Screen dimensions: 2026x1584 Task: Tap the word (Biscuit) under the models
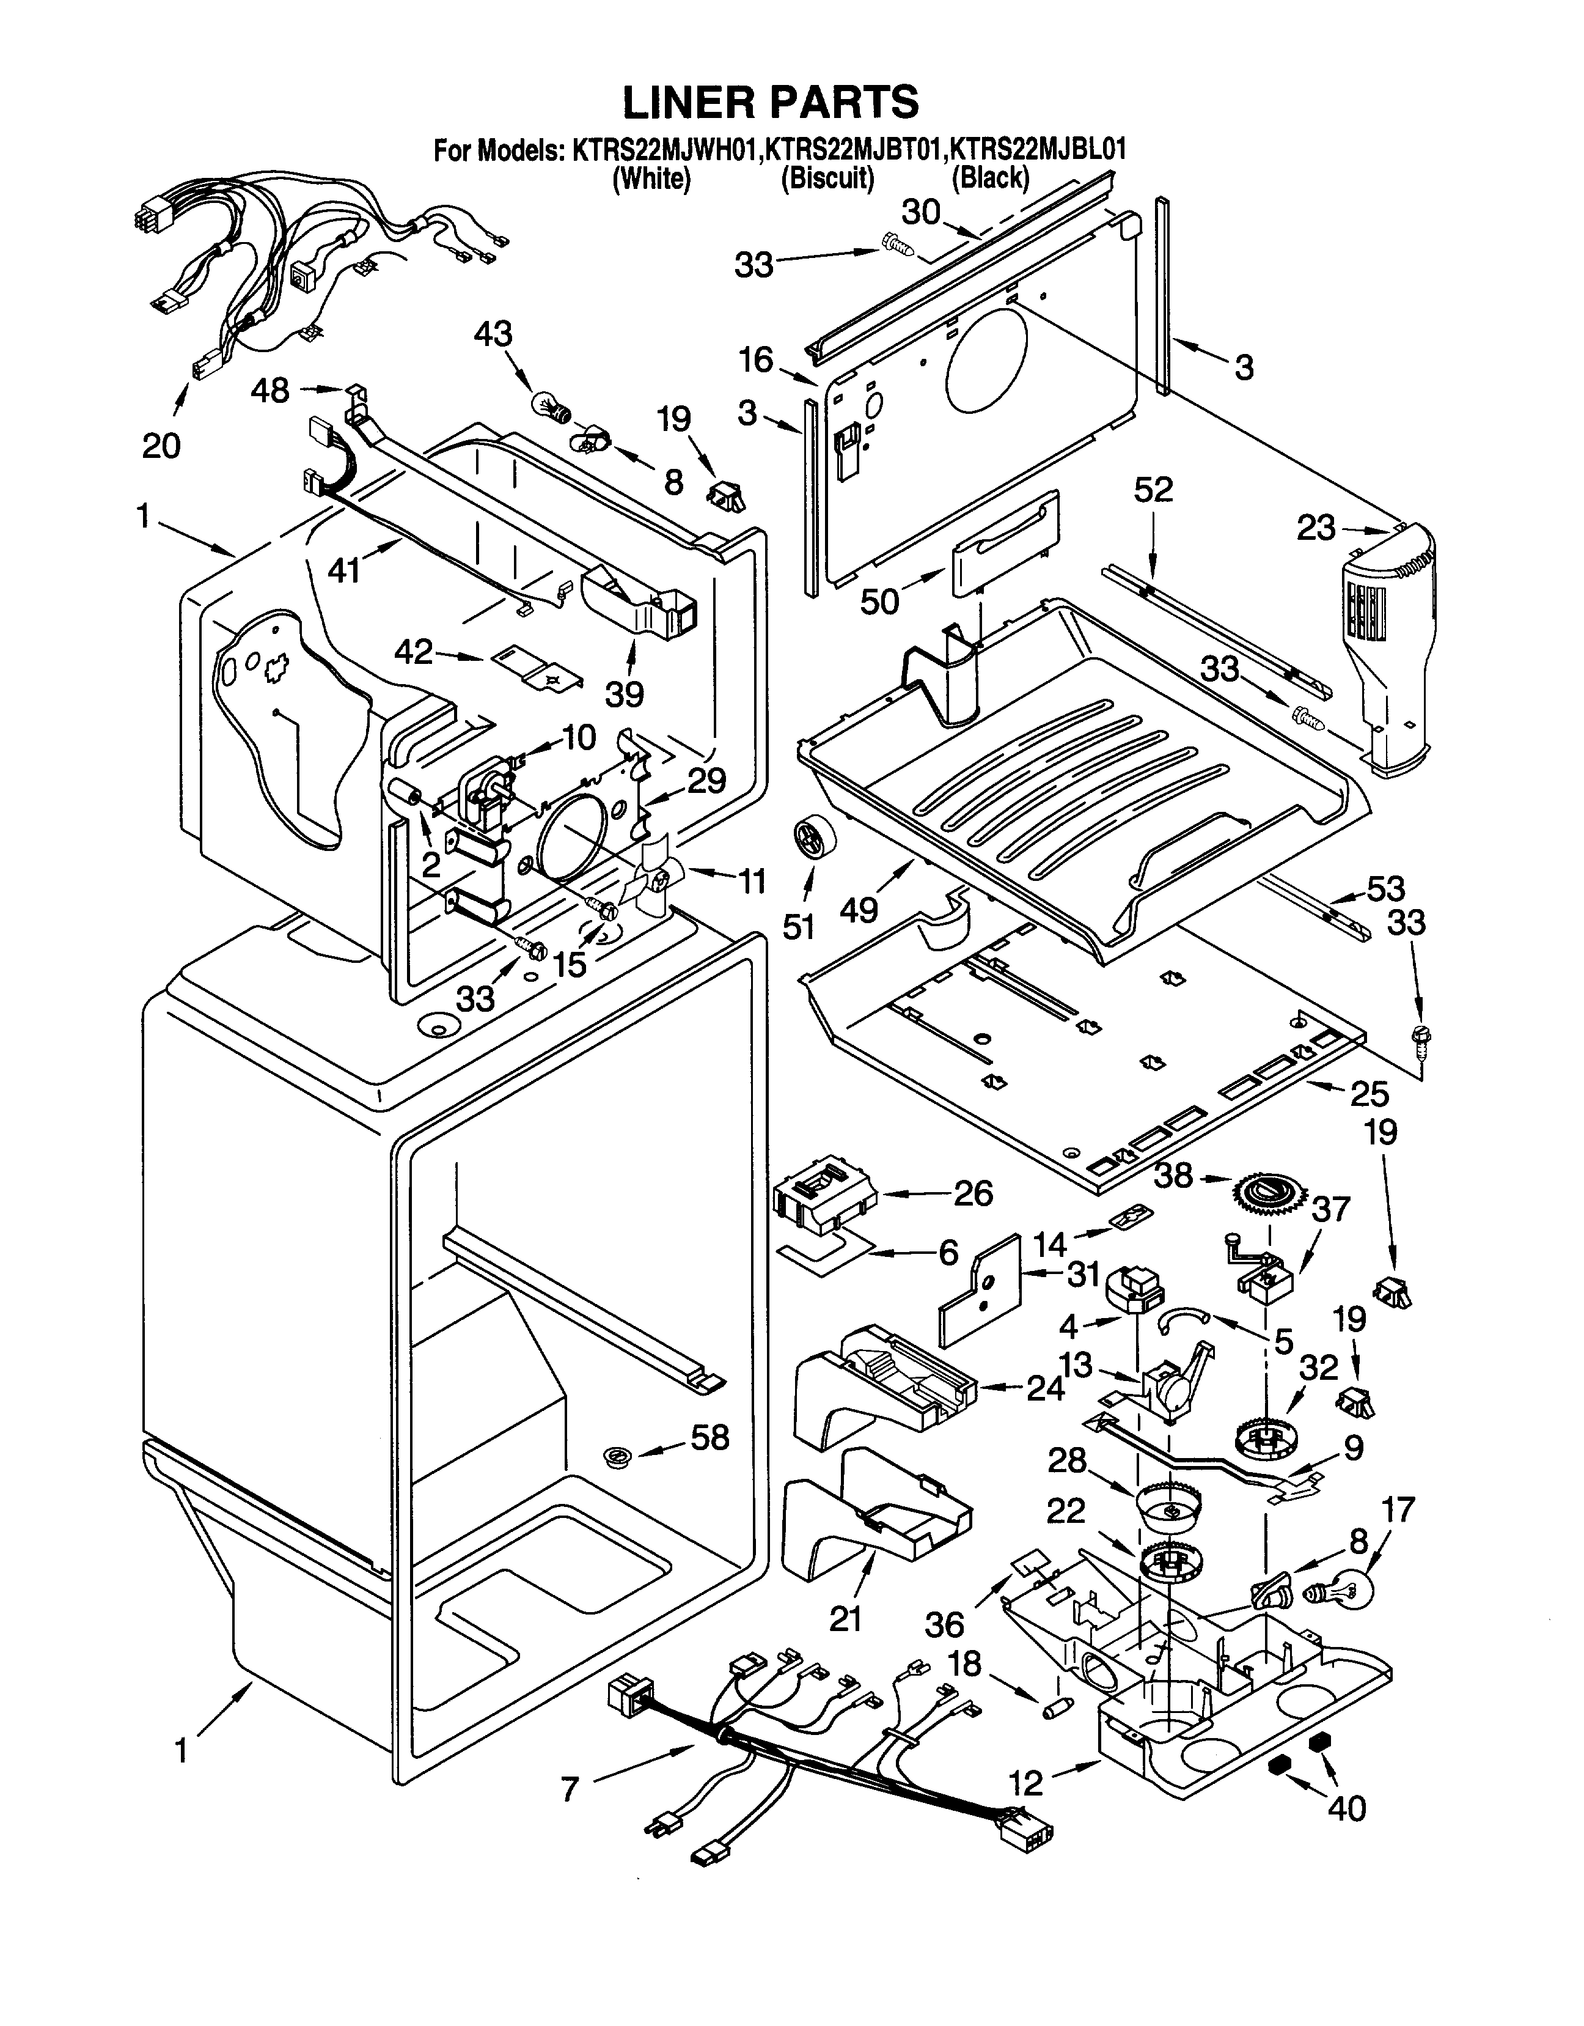(x=827, y=177)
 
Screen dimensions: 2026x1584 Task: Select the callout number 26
(x=973, y=1192)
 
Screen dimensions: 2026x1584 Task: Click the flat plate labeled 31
(x=978, y=1293)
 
